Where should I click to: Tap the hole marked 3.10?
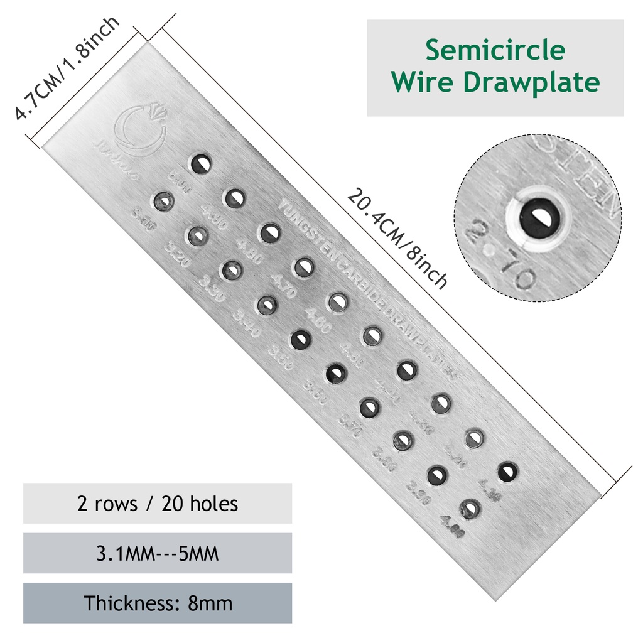pos(163,202)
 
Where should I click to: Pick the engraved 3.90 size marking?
pos(418,493)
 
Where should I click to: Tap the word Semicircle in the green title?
pos(495,50)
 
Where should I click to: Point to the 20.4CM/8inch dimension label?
pos(397,238)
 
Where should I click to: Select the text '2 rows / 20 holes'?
pos(158,504)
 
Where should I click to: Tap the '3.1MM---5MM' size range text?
pos(158,554)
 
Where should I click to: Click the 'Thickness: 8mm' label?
pos(158,603)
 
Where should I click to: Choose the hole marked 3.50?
pos(300,340)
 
